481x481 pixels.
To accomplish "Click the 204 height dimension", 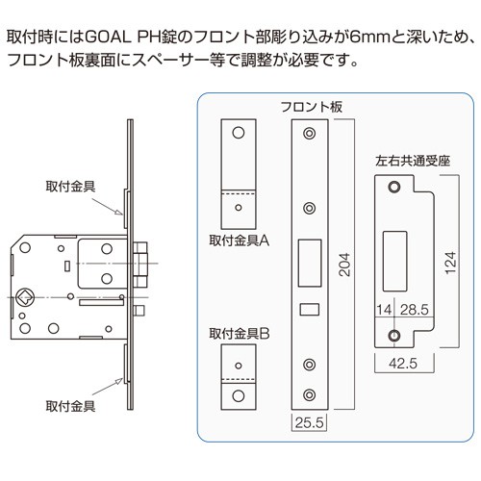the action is pyautogui.click(x=344, y=265).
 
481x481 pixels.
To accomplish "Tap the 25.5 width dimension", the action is pyautogui.click(x=310, y=422).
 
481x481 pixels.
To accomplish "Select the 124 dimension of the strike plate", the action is pyautogui.click(x=450, y=263).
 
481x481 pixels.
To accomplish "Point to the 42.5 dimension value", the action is pyautogui.click(x=403, y=364).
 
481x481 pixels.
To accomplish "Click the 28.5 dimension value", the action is pyautogui.click(x=415, y=310).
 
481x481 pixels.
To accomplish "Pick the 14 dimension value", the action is pyautogui.click(x=384, y=310).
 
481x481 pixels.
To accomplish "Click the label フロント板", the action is pyautogui.click(x=312, y=107).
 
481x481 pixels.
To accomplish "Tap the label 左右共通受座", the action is pyautogui.click(x=413, y=161).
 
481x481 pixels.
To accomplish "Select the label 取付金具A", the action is pyautogui.click(x=240, y=240).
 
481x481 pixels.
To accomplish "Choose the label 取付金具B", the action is pyautogui.click(x=240, y=334).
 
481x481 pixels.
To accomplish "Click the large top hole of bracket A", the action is pyautogui.click(x=239, y=133).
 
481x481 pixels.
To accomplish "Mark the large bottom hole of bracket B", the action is pyautogui.click(x=239, y=395).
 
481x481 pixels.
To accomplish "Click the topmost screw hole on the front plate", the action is pyautogui.click(x=309, y=133).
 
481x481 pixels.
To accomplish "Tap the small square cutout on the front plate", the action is pyautogui.click(x=310, y=310).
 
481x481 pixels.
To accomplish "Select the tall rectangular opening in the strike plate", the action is pyautogui.click(x=394, y=262).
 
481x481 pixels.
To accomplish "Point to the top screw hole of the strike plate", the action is pyautogui.click(x=394, y=187).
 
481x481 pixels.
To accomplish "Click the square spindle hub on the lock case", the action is pyautogui.click(x=25, y=297).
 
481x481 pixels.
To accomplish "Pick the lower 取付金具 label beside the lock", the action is pyautogui.click(x=70, y=406).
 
